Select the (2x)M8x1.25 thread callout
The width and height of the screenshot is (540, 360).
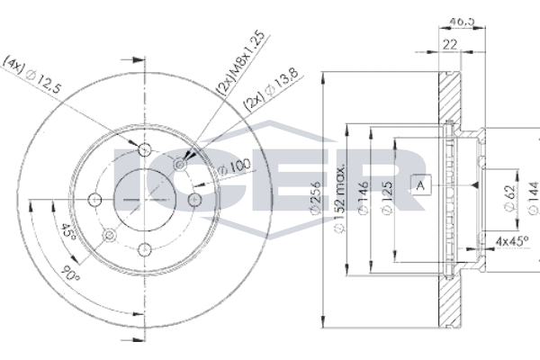tap(241, 63)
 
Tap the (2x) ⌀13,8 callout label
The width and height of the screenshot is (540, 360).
tap(270, 90)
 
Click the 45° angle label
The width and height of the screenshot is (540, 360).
tap(68, 232)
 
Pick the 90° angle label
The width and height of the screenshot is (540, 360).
tap(70, 274)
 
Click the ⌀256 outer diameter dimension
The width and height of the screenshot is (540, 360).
tap(316, 199)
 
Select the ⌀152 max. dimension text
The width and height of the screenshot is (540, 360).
tap(339, 197)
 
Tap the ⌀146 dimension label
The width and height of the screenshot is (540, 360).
tap(363, 199)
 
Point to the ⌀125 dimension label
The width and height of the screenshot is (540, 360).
tap(387, 199)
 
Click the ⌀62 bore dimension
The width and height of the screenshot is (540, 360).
tap(509, 198)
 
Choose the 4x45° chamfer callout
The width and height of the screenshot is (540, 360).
tap(512, 241)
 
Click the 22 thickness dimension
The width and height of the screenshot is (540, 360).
tap(450, 44)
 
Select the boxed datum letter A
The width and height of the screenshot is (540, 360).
tap(421, 185)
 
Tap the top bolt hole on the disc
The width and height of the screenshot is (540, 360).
tap(145, 150)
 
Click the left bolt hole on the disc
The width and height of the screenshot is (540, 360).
tap(94, 200)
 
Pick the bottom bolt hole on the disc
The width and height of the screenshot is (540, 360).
tap(145, 249)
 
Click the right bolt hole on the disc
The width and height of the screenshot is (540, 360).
tap(194, 200)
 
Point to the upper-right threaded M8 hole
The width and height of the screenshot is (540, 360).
tap(179, 165)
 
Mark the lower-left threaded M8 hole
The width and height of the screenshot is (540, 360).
tap(110, 235)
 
